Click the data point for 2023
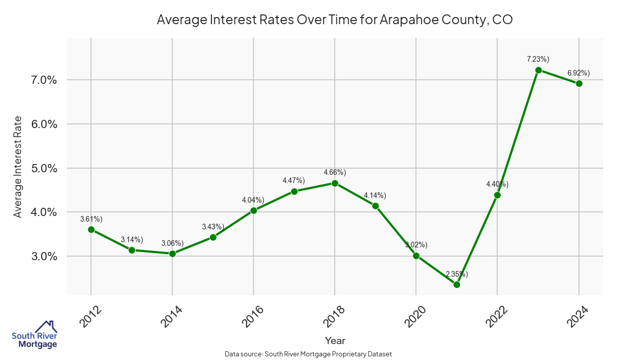click(538, 70)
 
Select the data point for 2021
click(457, 284)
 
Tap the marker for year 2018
click(335, 183)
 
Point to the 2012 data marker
click(91, 230)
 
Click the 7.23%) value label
click(538, 59)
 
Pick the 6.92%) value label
click(578, 73)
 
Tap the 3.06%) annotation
click(172, 243)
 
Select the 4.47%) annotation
click(294, 181)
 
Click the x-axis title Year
click(335, 340)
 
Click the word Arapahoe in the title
click(406, 20)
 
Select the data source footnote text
click(308, 354)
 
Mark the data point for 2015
click(213, 237)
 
